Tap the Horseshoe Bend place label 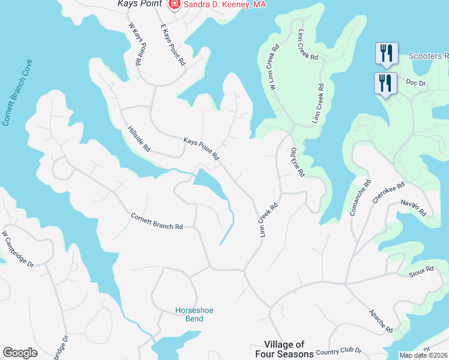(x=194, y=314)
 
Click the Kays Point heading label (x=140, y=5)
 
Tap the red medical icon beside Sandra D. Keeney (x=175, y=5)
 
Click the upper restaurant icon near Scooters (x=385, y=53)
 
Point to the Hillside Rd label (x=139, y=139)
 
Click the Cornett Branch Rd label (x=157, y=221)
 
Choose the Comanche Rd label (x=360, y=198)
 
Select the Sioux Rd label (x=421, y=272)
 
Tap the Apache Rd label (x=381, y=321)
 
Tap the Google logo (x=20, y=353)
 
